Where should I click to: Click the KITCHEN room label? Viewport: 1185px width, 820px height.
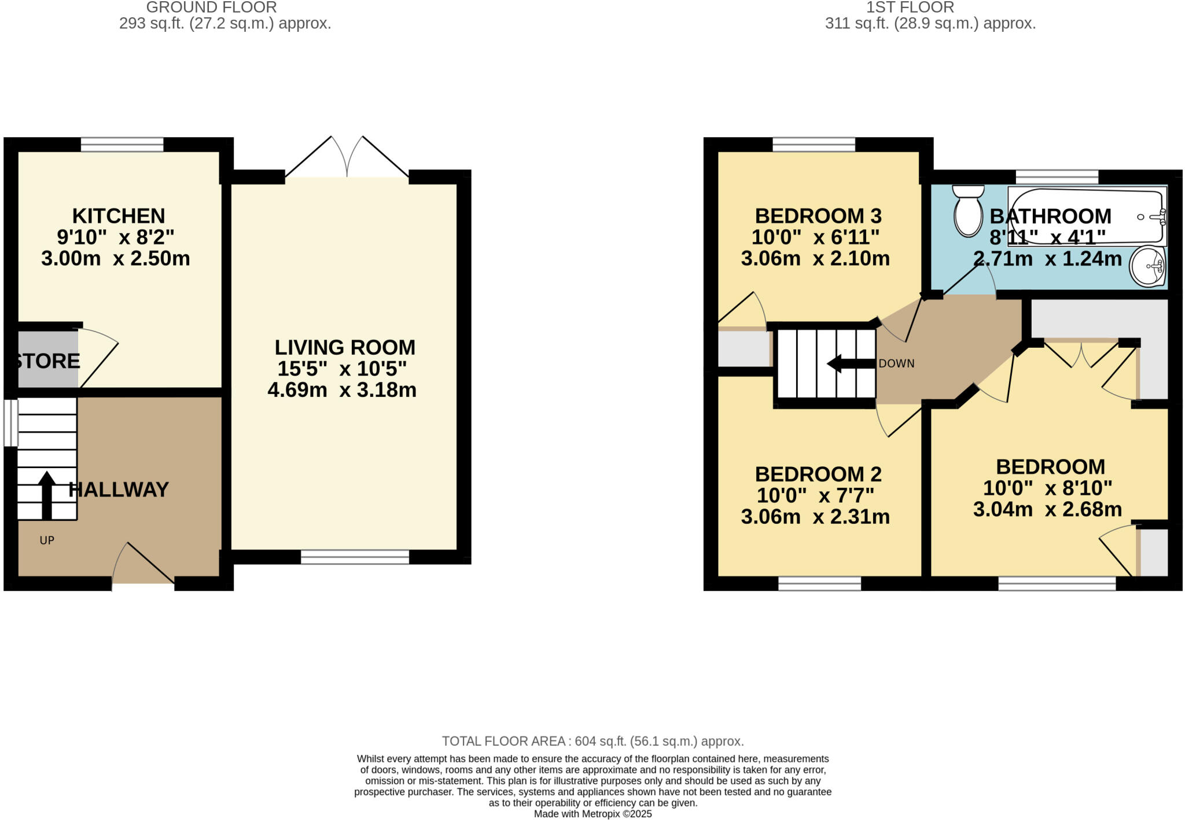pos(119,216)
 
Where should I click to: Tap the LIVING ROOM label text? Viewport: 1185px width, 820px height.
pos(345,347)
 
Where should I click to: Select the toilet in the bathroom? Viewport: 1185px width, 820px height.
pos(968,212)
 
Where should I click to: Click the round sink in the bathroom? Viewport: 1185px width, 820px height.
pos(1148,266)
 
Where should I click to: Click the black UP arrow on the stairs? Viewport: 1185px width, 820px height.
pos(47,495)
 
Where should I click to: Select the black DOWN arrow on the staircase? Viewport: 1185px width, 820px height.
pos(851,364)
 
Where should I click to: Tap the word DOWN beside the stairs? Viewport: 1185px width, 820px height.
pos(896,363)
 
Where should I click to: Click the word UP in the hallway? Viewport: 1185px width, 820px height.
pos(47,540)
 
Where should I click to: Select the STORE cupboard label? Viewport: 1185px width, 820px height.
pos(47,361)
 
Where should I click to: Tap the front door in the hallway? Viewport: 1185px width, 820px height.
pos(143,564)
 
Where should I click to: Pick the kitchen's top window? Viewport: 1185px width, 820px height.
pos(122,144)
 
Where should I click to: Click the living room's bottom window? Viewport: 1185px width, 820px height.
pos(355,557)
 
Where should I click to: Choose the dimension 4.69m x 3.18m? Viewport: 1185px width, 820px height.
pos(342,390)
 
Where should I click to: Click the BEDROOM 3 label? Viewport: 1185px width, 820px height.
pos(818,216)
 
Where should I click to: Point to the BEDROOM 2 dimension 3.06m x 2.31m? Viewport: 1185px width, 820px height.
pos(815,516)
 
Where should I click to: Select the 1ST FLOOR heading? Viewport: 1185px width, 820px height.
pos(910,8)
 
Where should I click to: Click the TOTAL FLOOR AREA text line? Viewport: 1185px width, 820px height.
pos(592,741)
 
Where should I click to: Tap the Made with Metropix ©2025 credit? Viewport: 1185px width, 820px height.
pos(592,814)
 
